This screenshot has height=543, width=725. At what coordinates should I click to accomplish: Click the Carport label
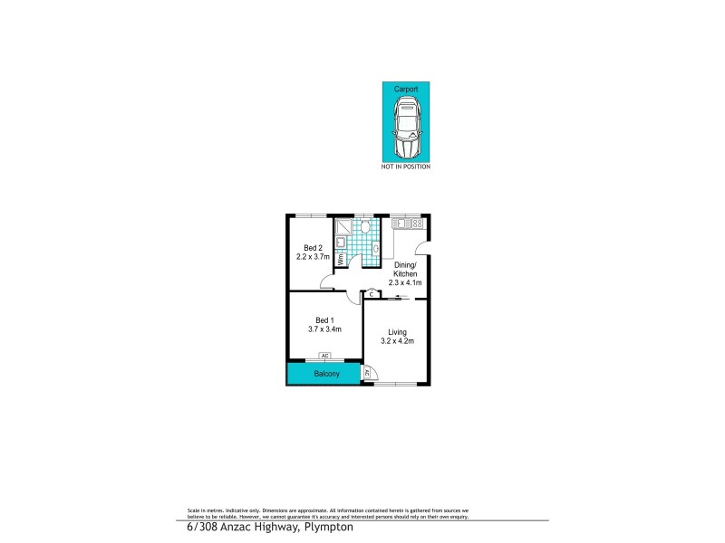[406, 90]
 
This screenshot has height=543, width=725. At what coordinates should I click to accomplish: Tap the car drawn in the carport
[406, 126]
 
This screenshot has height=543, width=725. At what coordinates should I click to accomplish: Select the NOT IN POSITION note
[406, 167]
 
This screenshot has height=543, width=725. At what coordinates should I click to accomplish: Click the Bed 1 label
[324, 319]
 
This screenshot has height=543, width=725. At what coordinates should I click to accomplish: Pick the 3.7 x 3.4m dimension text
[324, 329]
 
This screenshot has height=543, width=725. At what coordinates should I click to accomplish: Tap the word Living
[397, 332]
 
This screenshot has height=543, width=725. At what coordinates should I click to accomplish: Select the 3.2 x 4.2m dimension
[397, 342]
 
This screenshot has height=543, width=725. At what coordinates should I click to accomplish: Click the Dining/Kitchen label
[405, 269]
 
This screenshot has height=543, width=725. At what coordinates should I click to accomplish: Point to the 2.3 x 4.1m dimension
[405, 282]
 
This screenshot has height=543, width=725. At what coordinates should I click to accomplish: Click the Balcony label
[326, 374]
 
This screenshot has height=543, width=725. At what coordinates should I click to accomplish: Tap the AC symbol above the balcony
[324, 357]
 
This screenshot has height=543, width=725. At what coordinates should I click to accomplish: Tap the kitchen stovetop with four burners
[415, 224]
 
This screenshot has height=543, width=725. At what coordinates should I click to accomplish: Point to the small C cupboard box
[372, 294]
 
